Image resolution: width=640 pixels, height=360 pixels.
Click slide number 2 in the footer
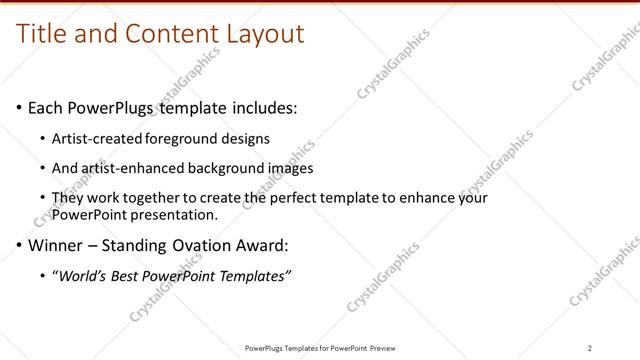pyautogui.click(x=590, y=348)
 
